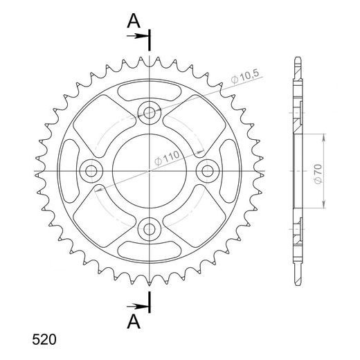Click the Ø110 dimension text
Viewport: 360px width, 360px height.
[167, 158]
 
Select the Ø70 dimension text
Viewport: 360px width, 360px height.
[318, 174]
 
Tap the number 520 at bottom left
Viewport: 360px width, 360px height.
[44, 340]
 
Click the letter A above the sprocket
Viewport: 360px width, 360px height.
[134, 21]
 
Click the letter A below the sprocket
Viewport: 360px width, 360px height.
[134, 322]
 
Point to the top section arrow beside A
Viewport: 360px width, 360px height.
[138, 36]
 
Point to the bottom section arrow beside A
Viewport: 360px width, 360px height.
[138, 307]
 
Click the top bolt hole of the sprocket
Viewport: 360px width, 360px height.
[150, 113]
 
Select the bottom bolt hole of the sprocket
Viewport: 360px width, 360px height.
[150, 229]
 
